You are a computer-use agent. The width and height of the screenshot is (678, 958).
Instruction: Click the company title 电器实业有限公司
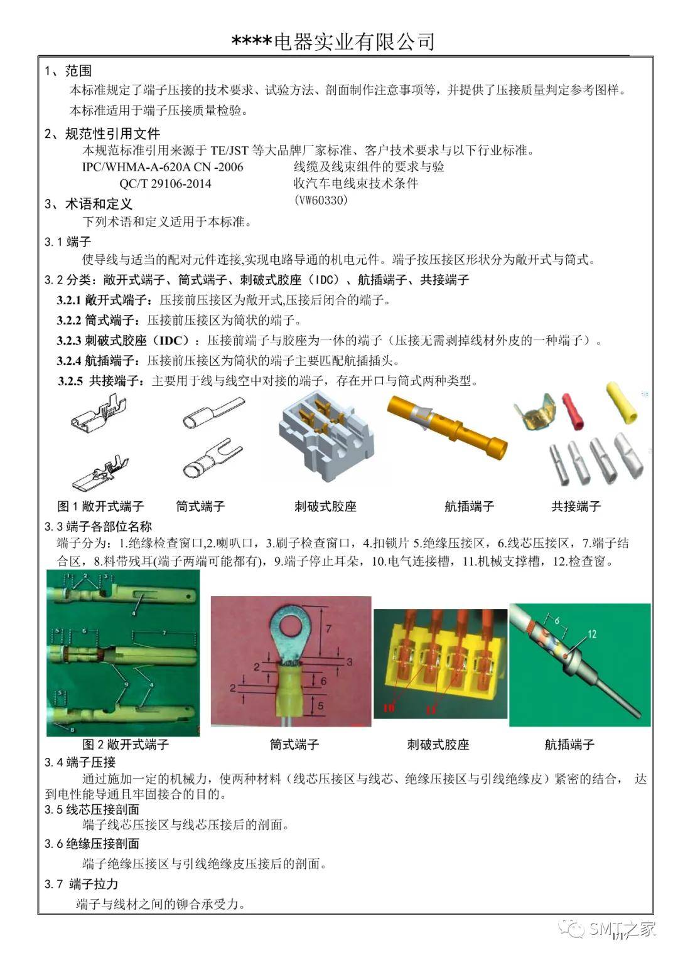pos(354,41)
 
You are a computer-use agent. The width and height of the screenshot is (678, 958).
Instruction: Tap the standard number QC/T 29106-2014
pos(165,184)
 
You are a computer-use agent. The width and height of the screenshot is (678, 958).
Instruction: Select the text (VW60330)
pos(320,200)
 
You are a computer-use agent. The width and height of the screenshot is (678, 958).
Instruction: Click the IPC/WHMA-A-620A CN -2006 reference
pos(163,167)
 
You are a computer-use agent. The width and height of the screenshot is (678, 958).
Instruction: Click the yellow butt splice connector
pos(621,402)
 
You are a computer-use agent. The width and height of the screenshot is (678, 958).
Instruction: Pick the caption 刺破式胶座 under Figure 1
pos(325,506)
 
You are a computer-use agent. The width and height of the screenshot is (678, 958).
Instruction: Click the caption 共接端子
pos(576,506)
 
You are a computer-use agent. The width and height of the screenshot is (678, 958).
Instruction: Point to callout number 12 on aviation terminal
pos(591,634)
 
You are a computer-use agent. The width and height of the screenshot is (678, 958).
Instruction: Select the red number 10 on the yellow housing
pos(389,708)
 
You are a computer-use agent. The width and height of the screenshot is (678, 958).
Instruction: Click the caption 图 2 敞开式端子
pos(126,745)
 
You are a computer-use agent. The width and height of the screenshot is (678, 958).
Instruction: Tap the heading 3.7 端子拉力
pos(81,884)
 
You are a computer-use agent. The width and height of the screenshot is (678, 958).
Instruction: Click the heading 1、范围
pos(68,71)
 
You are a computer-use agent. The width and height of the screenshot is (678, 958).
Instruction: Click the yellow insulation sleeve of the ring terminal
pos(292,693)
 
